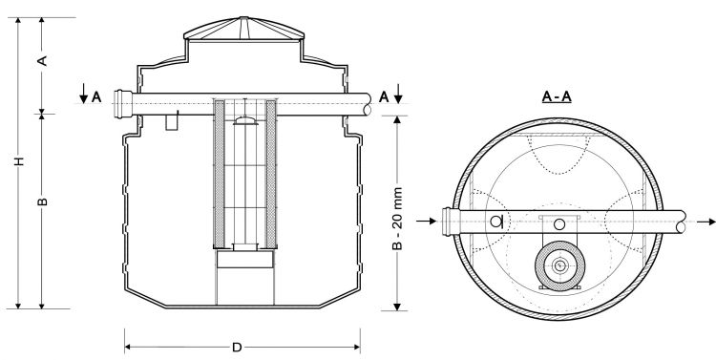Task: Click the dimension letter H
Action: (18, 163)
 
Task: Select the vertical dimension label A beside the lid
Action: (43, 60)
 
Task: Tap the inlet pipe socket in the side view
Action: (119, 98)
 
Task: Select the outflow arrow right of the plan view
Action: (704, 222)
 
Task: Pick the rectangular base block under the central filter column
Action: (244, 258)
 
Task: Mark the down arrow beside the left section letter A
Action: (85, 94)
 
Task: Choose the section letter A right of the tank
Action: (383, 95)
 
